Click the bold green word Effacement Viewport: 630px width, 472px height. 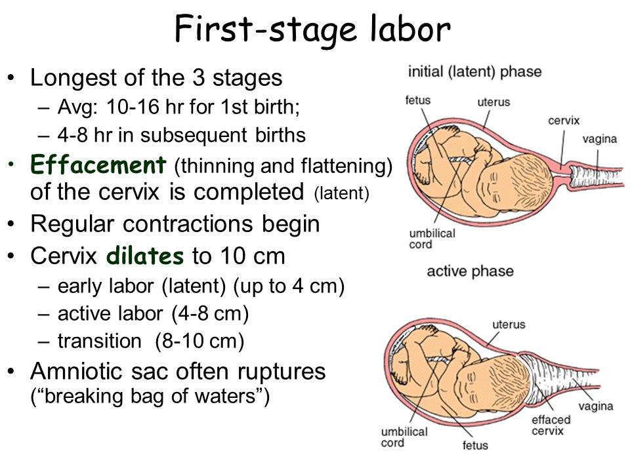click(x=98, y=165)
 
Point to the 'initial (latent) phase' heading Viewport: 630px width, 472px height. click(x=474, y=72)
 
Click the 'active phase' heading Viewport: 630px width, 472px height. click(x=470, y=271)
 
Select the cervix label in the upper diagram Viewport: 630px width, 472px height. click(x=564, y=121)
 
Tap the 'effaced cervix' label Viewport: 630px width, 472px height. click(x=551, y=425)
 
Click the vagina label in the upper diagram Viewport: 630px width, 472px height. click(x=599, y=139)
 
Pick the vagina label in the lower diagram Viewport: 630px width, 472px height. click(x=596, y=406)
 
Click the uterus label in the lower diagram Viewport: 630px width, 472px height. click(x=509, y=324)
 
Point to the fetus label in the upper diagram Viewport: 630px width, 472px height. click(x=418, y=100)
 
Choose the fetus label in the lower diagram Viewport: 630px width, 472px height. click(x=475, y=445)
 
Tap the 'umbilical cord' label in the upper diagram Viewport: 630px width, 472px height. click(x=432, y=239)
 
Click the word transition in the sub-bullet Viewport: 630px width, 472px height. click(x=99, y=341)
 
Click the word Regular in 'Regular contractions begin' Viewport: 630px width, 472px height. click(x=72, y=224)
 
